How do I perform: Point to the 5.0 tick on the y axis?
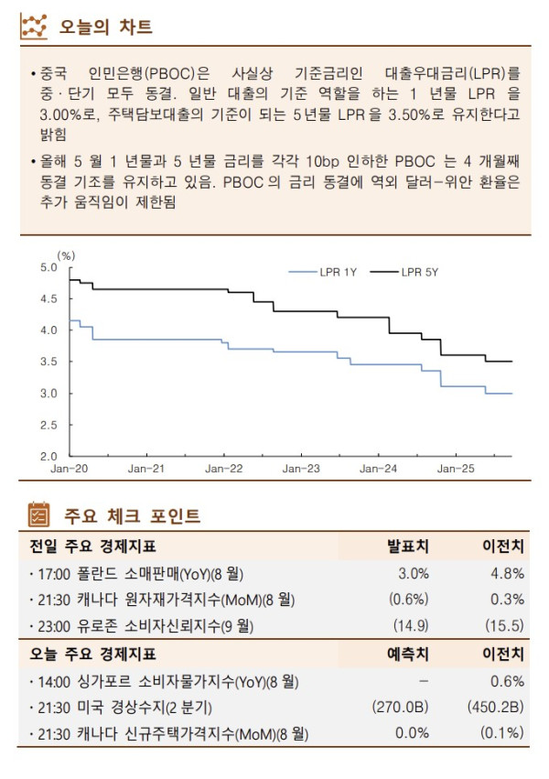pyautogui.click(x=48, y=267)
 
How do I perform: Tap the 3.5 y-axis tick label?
pyautogui.click(x=48, y=362)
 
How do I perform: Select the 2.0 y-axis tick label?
pyautogui.click(x=48, y=456)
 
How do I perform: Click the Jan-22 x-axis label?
pyautogui.click(x=222, y=469)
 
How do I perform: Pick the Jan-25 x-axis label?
pyautogui.click(x=455, y=469)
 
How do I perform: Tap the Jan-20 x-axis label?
pyautogui.click(x=69, y=469)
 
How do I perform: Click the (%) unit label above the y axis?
pyautogui.click(x=65, y=255)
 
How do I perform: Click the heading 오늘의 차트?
pyautogui.click(x=107, y=26)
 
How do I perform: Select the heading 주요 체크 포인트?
pyautogui.click(x=132, y=516)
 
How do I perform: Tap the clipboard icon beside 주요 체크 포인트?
pyautogui.click(x=39, y=515)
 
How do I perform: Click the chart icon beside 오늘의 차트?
pyautogui.click(x=34, y=26)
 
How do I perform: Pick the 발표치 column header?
pyautogui.click(x=409, y=546)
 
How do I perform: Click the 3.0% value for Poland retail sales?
pyautogui.click(x=414, y=574)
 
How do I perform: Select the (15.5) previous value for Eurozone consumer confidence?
pyautogui.click(x=504, y=626)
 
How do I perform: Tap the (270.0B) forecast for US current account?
pyautogui.click(x=401, y=708)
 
